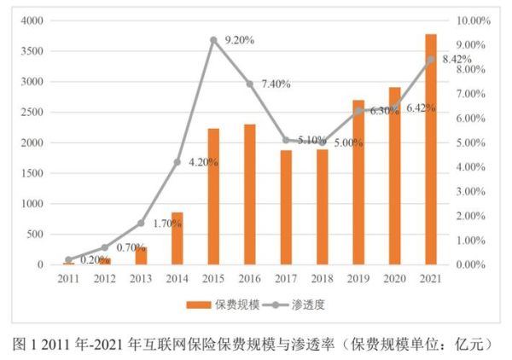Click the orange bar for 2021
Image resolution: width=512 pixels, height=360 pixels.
[431, 149]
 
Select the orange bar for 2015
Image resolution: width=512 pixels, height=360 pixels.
[213, 196]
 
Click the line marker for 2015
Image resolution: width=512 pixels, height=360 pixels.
[213, 40]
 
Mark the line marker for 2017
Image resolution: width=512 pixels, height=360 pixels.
[286, 140]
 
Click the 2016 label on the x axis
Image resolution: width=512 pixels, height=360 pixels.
[250, 279]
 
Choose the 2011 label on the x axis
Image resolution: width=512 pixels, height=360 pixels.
[68, 279]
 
